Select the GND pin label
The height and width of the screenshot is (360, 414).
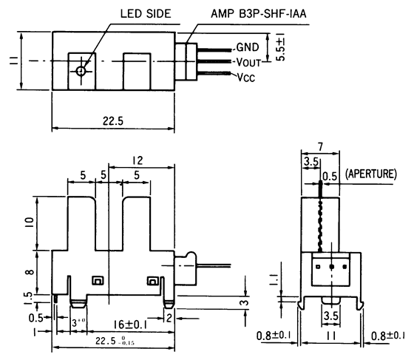(248, 46)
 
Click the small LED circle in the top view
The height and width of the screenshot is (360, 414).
(80, 72)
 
